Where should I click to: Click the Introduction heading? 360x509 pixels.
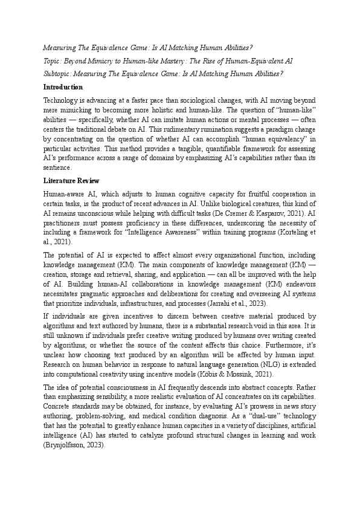tap(63, 88)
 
